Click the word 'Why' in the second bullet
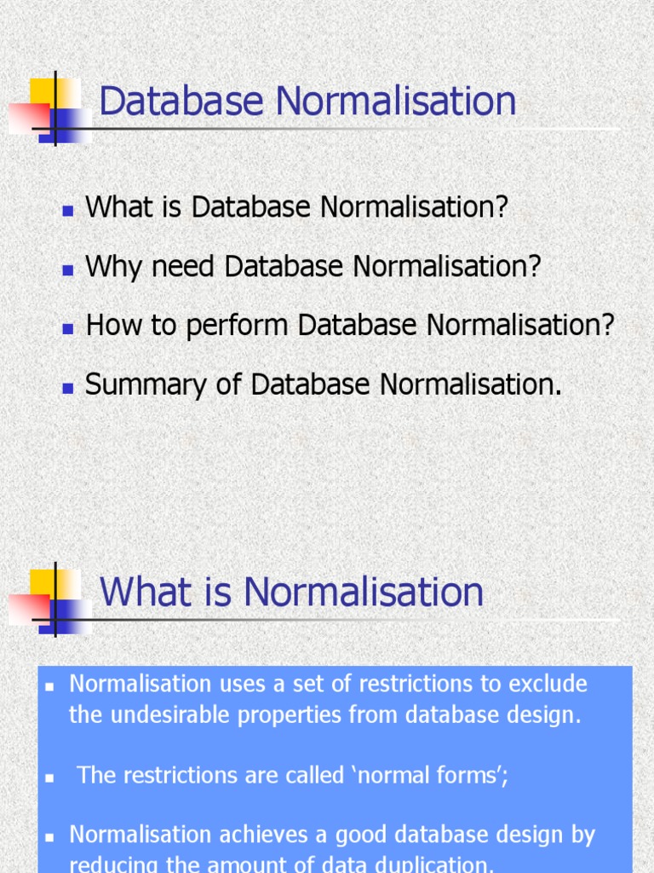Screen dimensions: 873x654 [x=108, y=267]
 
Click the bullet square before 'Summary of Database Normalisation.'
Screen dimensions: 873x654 [x=68, y=388]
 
